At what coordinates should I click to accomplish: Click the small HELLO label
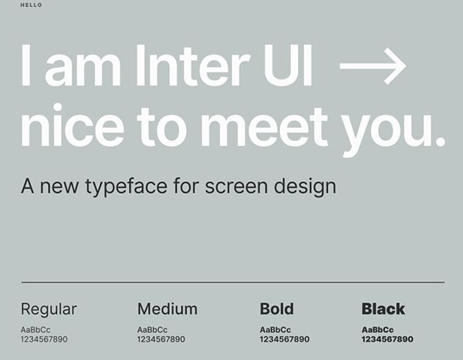32,5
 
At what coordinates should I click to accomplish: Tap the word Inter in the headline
192,66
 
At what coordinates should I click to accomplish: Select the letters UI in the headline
288,66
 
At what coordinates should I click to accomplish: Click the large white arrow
373,66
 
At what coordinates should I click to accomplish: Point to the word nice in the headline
73,125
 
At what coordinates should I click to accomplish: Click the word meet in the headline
264,126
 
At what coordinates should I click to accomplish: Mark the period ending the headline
440,141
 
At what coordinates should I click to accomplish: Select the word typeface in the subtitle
127,187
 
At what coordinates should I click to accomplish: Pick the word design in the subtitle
305,187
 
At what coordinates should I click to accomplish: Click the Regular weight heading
49,310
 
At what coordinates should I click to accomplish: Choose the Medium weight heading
167,309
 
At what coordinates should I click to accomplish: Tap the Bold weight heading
277,309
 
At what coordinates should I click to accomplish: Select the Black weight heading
384,309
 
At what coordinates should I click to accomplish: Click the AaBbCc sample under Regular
35,330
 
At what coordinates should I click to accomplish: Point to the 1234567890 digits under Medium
161,339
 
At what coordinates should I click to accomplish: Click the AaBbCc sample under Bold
275,330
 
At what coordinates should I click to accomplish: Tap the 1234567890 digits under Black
387,339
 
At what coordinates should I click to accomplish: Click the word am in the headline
83,70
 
